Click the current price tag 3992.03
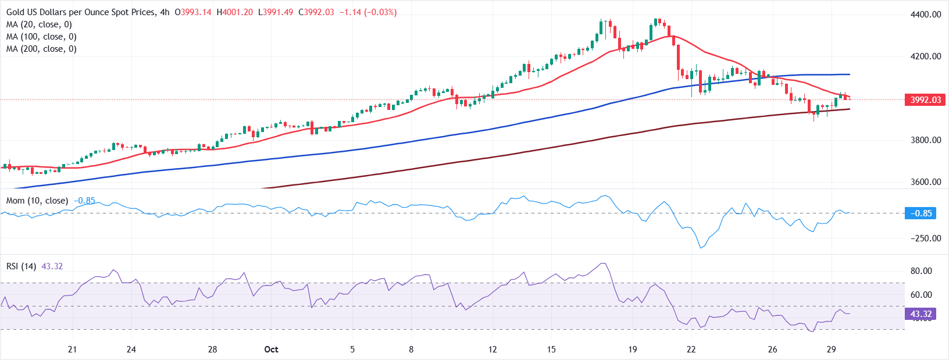[925, 100]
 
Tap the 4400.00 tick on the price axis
[926, 15]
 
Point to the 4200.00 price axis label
[926, 56]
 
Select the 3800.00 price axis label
[926, 140]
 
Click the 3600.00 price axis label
[926, 182]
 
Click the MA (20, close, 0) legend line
[39, 24]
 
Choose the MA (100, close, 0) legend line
[41, 37]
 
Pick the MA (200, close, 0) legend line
[41, 49]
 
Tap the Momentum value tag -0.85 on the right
[921, 213]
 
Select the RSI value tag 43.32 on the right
[921, 314]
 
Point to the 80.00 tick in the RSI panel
[921, 271]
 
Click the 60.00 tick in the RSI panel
[921, 295]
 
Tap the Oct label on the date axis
[271, 350]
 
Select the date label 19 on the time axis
[633, 350]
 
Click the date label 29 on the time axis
[832, 350]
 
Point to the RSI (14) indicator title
[21, 266]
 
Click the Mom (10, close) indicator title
[37, 201]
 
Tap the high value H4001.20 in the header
[234, 12]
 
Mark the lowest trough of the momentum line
[701, 248]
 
